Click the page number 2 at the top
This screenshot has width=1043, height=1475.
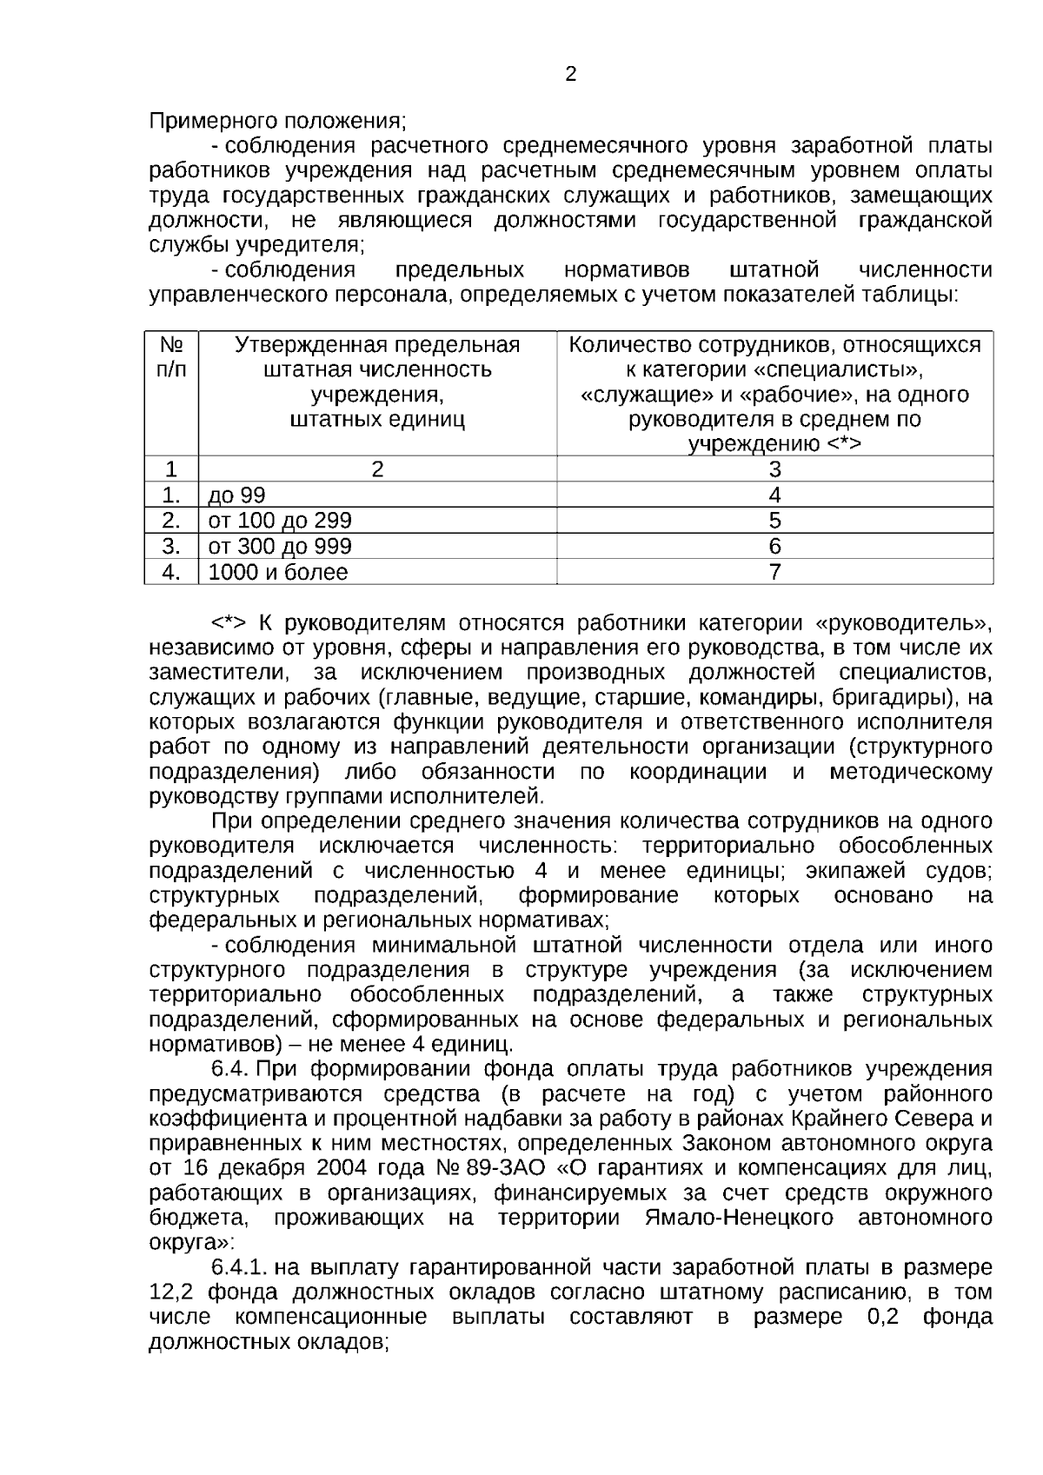(x=571, y=75)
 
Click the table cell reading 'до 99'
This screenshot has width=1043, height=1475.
(x=236, y=495)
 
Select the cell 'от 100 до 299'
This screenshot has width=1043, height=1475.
(x=280, y=521)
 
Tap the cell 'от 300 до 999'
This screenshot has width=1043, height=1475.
(x=280, y=546)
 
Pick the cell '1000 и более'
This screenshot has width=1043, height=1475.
(x=278, y=572)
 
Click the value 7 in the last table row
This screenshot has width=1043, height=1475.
(x=774, y=572)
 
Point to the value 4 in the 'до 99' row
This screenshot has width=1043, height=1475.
(x=774, y=495)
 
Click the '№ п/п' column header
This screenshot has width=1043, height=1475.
(x=171, y=357)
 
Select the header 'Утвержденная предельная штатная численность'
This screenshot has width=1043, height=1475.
(x=377, y=357)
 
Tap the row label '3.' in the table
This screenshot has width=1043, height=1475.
(x=171, y=546)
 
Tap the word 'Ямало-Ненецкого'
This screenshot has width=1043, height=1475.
(x=739, y=1217)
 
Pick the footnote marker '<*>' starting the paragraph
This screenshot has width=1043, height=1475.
(x=229, y=623)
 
